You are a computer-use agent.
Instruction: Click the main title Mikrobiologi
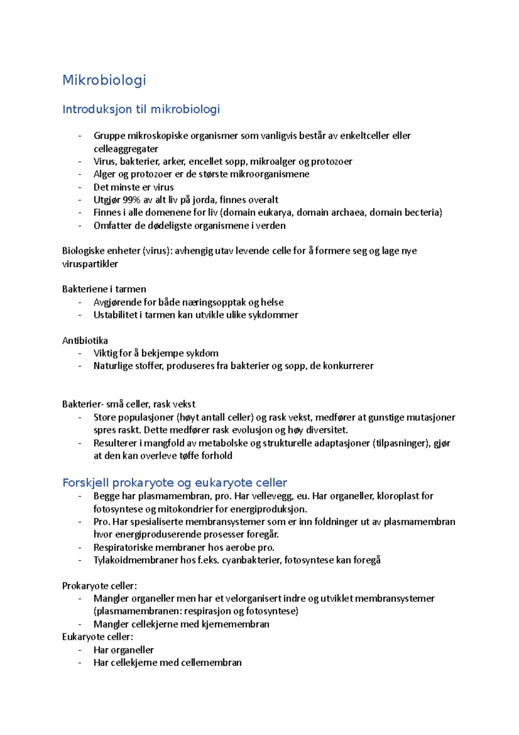pos(104,80)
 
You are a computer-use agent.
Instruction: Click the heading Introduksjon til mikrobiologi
pos(141,109)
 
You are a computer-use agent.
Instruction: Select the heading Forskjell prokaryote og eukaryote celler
pos(175,483)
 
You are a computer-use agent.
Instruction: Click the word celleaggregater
pos(126,149)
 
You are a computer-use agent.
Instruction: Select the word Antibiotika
pos(85,341)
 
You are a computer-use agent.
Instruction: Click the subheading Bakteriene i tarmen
pos(104,289)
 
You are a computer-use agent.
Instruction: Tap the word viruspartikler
pos(90,264)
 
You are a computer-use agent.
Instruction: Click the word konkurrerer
pos(348,366)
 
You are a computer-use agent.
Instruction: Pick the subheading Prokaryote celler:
pos(99,586)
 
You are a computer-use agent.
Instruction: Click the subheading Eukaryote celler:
pos(98,637)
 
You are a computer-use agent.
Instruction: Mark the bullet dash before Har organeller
pos(80,650)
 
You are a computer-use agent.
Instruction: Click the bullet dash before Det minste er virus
pos(80,187)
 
